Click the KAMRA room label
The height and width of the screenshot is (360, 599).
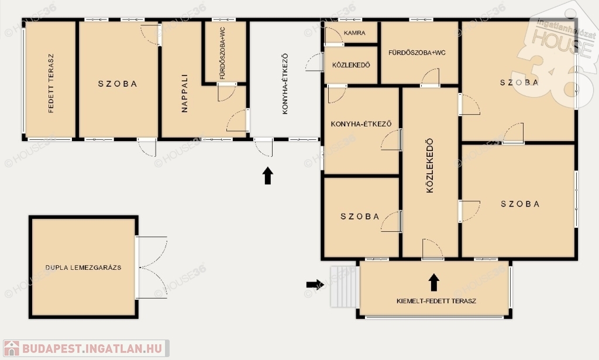tap(354, 33)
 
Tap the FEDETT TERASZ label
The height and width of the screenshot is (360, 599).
tap(51, 83)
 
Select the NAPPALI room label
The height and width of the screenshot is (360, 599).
tap(184, 93)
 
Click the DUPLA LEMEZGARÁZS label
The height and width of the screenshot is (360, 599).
tap(83, 268)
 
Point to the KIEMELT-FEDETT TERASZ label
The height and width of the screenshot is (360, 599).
tap(436, 301)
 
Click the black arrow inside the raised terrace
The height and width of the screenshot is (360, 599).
tap(433, 282)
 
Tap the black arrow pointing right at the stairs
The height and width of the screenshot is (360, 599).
tap(315, 284)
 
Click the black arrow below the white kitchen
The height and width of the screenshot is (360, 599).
tap(268, 176)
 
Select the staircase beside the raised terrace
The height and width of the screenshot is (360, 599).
tap(345, 287)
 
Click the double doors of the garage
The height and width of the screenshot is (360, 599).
tap(152, 267)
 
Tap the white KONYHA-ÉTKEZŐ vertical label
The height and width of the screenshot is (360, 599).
tap(285, 84)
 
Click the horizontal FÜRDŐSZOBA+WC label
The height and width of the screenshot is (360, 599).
tap(416, 53)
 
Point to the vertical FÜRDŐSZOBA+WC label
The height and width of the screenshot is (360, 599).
tap(223, 53)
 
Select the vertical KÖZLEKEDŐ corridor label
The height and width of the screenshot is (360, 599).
tap(430, 166)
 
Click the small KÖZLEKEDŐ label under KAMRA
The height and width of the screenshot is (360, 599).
tap(351, 65)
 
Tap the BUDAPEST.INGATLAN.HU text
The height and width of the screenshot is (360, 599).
tap(92, 348)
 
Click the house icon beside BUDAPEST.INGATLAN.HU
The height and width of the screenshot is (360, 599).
tap(12, 348)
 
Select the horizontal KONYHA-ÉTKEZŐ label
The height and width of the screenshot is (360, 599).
tap(361, 124)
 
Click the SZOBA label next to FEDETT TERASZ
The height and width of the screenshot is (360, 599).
tap(117, 84)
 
